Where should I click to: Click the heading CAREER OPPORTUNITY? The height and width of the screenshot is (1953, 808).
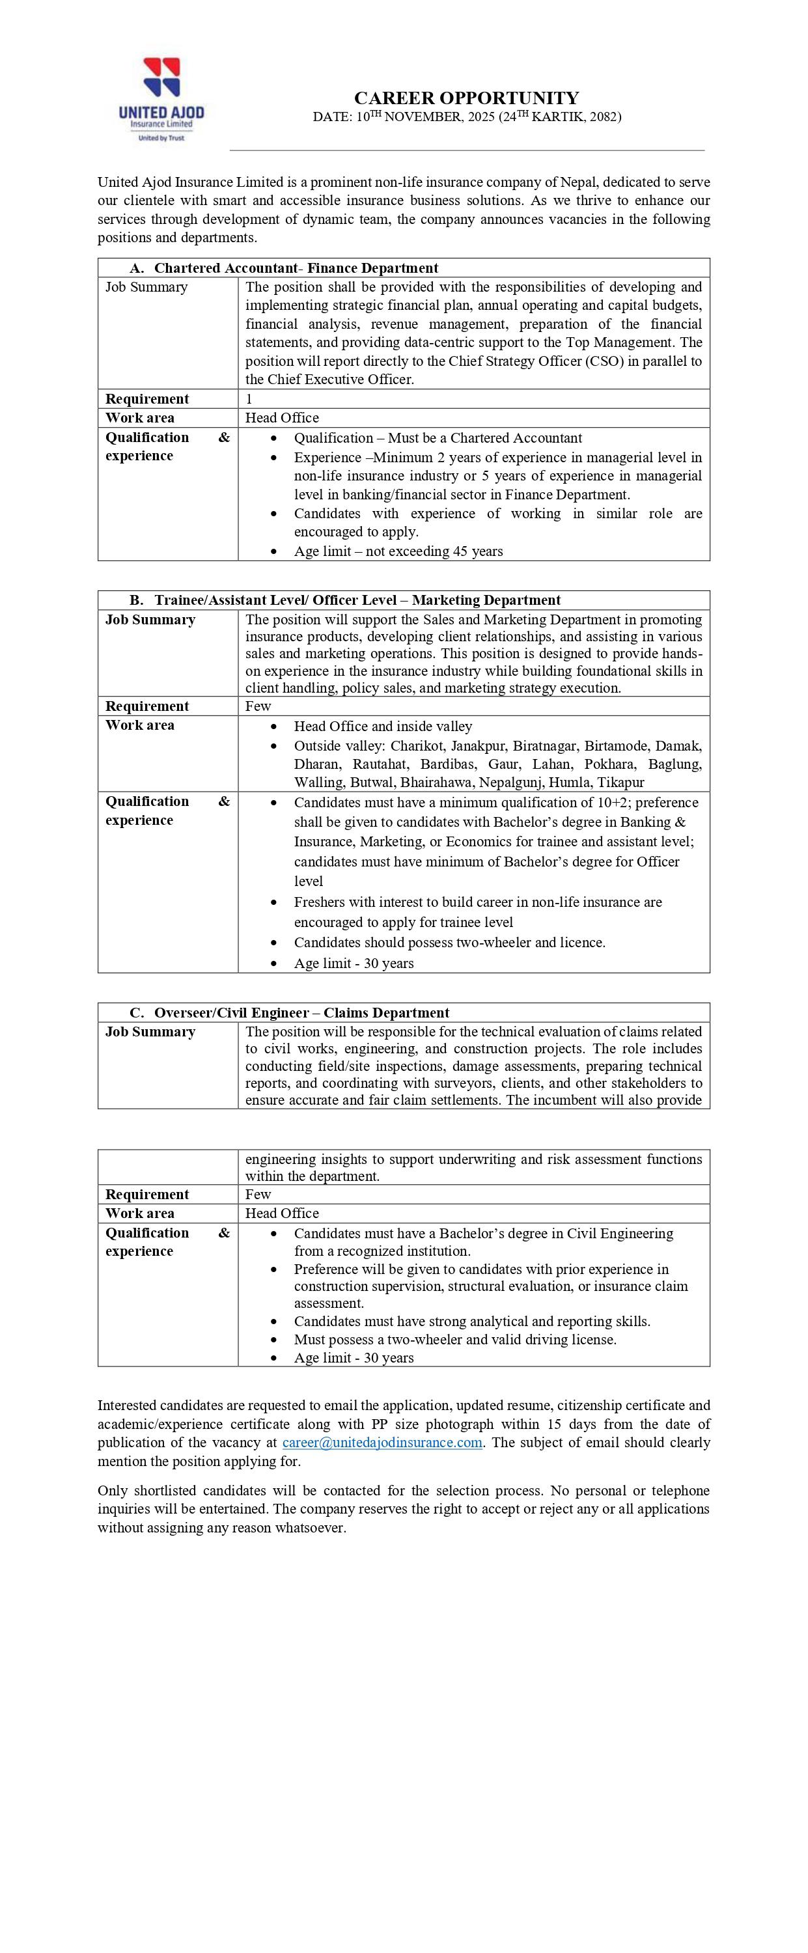(x=466, y=98)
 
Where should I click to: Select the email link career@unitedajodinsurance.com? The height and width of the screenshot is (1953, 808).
(x=382, y=1442)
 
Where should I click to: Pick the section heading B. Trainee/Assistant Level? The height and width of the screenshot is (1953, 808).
(x=345, y=600)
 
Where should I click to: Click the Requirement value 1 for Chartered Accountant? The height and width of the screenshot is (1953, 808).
(x=249, y=399)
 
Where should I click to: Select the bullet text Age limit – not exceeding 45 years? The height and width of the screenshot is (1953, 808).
(x=398, y=551)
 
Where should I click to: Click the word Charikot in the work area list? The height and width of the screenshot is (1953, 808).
(x=417, y=745)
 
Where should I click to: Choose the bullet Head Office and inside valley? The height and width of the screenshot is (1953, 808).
(x=383, y=727)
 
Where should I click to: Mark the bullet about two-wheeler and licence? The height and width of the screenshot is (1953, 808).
(x=449, y=943)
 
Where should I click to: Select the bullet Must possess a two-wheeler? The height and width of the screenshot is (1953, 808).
(x=454, y=1339)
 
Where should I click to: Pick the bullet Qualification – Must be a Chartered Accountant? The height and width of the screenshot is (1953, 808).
(x=438, y=437)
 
